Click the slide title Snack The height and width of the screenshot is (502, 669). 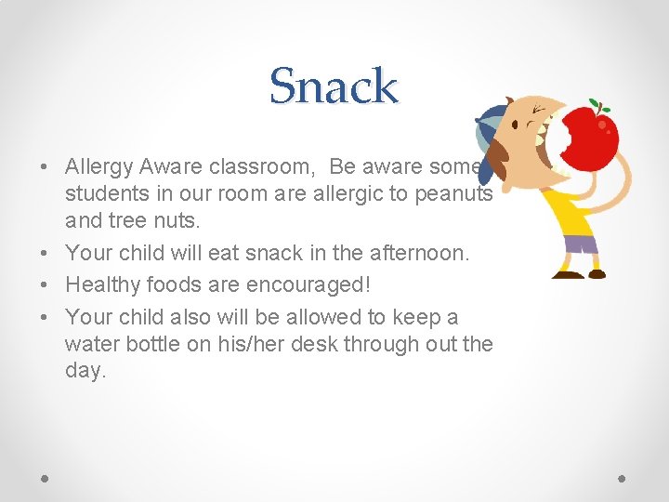(x=334, y=86)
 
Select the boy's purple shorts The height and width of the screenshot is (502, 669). (x=581, y=244)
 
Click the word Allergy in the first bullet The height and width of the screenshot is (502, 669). (x=98, y=167)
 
